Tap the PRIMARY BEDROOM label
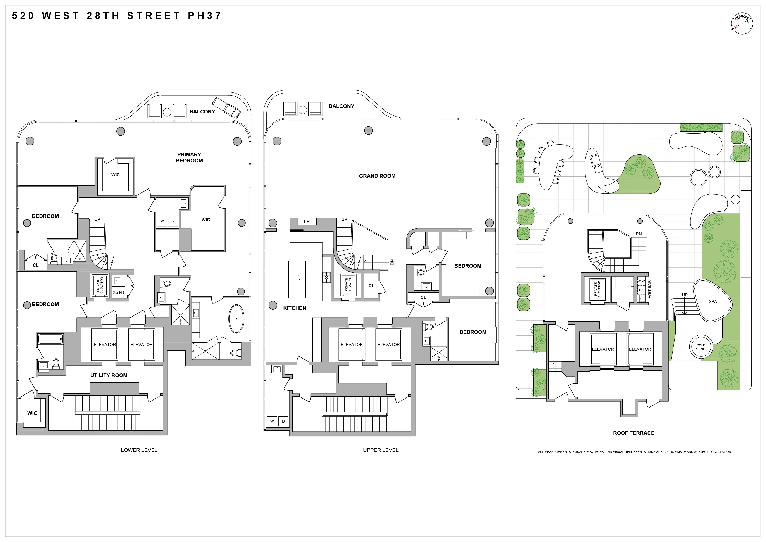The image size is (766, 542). (189, 157)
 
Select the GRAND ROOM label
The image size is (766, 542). (377, 176)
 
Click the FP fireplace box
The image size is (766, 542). (307, 221)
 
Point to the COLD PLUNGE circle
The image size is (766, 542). (701, 347)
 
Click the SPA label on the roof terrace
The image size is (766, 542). (713, 301)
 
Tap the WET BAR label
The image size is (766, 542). (649, 289)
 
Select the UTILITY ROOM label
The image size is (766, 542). (109, 375)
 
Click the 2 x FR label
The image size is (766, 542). (118, 293)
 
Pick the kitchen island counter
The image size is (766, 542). (297, 279)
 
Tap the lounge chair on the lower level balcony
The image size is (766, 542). (226, 108)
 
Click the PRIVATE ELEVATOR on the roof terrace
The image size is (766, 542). (597, 289)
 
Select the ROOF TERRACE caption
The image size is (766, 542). (633, 433)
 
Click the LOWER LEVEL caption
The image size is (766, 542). (139, 450)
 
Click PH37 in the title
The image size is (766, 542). (204, 16)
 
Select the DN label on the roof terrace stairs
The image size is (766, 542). (638, 234)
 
